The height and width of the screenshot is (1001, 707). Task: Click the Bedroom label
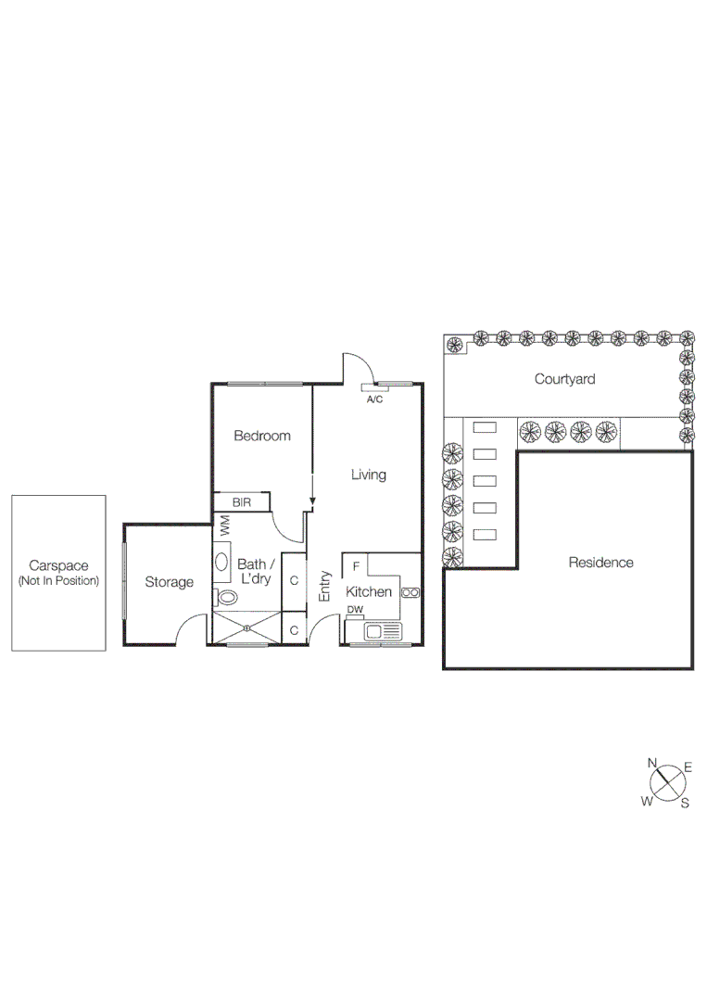261,436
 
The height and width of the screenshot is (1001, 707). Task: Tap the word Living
368,475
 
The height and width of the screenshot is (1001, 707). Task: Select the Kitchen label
369,591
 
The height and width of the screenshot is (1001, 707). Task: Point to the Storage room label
169,582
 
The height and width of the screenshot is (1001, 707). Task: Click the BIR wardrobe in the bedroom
242,502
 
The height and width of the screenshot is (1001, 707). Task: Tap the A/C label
375,399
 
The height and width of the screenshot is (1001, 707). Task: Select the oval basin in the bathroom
222,562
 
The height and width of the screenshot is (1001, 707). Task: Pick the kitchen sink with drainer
384,632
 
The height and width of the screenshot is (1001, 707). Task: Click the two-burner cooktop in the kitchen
411,592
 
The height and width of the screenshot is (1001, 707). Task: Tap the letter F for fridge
356,565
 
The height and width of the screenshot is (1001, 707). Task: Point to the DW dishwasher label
355,610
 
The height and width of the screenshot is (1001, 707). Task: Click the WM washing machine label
224,526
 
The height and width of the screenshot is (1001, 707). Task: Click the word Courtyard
564,379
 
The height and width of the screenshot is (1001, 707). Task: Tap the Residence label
600,562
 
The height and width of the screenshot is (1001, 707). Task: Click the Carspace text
57,565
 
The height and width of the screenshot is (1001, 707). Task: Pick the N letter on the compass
652,763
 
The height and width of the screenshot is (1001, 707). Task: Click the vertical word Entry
325,586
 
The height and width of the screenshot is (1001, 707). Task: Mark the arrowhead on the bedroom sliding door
312,503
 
